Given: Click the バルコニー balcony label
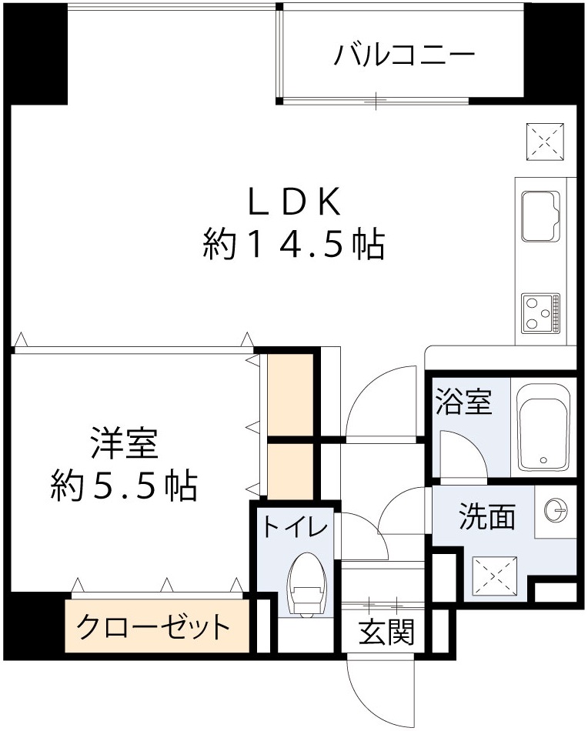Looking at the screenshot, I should pyautogui.click(x=404, y=55).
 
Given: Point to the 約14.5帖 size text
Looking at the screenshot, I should pyautogui.click(x=293, y=245).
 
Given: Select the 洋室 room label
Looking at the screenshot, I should pyautogui.click(x=124, y=445).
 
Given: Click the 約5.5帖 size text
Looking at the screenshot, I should pyautogui.click(x=124, y=486).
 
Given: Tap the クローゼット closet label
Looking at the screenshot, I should pyautogui.click(x=154, y=627).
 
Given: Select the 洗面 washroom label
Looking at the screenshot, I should pyautogui.click(x=486, y=516).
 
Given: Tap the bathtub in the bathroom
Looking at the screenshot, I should pyautogui.click(x=543, y=427).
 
